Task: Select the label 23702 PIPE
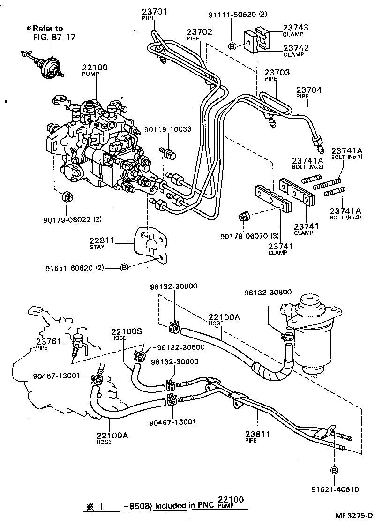pos(200,35)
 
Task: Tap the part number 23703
pos(277,73)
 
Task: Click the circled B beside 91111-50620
pos(232,45)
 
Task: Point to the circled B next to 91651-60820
pos(124,268)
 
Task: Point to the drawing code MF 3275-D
pos(352,516)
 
